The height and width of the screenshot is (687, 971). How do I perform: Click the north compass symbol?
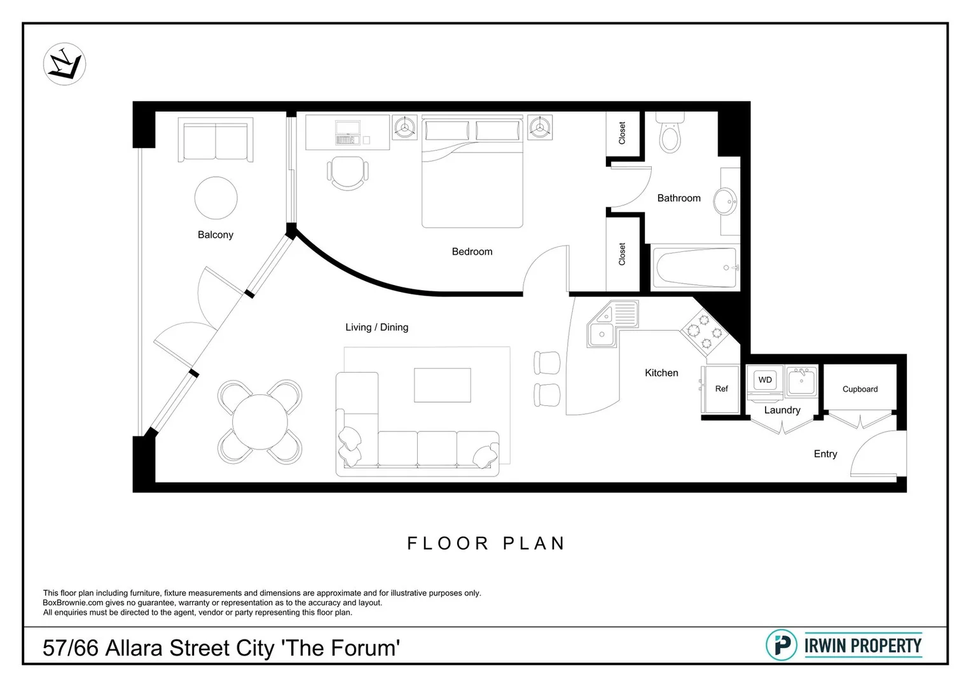64,64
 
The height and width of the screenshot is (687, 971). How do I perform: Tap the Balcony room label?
215,235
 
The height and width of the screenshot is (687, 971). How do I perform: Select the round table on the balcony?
216,198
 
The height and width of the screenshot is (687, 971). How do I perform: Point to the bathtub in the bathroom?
695,268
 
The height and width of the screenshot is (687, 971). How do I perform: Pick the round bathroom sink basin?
725,202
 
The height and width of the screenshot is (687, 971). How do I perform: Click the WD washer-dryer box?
764,380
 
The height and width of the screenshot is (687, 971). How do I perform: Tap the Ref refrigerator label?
721,389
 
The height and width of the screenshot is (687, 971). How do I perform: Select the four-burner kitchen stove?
705,331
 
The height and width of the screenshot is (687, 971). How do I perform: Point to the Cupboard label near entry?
860,389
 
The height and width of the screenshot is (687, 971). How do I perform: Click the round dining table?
259,422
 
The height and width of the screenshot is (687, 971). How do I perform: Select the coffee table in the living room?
442,385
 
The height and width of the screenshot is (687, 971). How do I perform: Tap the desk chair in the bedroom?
348,172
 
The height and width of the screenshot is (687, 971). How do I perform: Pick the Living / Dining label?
376,327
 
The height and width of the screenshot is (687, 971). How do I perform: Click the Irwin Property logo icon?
781,645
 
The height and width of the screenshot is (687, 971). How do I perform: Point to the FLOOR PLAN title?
486,543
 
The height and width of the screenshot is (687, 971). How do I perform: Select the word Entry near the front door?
825,454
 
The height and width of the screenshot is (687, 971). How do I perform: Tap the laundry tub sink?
801,382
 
